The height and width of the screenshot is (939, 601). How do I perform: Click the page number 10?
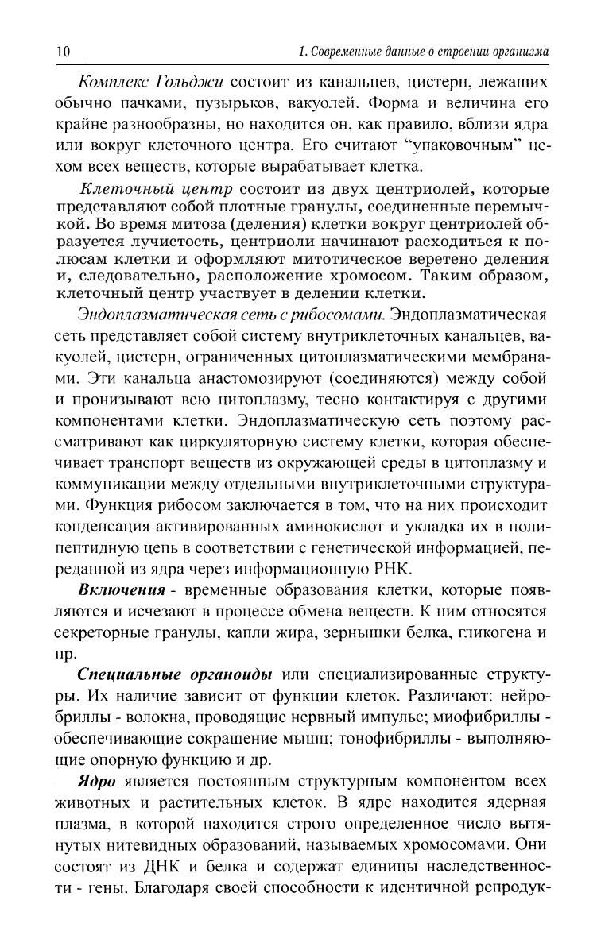63,52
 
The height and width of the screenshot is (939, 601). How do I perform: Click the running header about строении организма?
423,52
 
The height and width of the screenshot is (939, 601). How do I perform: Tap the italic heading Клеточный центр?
157,189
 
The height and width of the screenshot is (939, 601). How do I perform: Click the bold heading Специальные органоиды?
175,674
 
